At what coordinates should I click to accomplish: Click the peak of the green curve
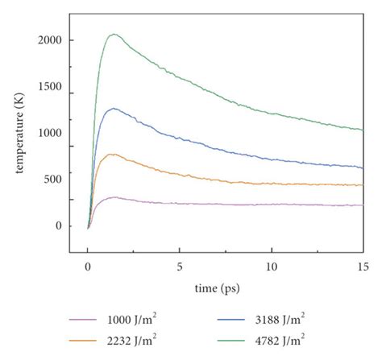click(x=114, y=34)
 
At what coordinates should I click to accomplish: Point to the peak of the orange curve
click(x=113, y=154)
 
